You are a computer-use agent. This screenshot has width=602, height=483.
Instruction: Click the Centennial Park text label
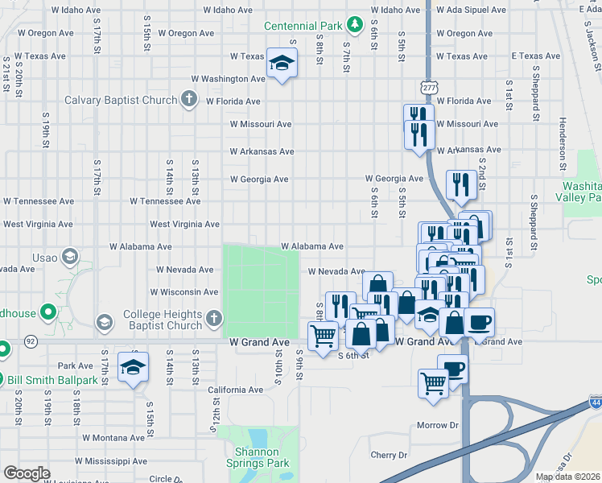tap(305, 26)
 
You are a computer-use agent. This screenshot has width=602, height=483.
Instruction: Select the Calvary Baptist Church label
tap(121, 100)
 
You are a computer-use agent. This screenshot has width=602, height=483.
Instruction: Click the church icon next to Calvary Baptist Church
tap(189, 100)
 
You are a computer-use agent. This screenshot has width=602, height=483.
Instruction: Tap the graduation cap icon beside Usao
tap(70, 257)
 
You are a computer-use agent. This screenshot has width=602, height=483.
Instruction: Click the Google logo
tap(27, 473)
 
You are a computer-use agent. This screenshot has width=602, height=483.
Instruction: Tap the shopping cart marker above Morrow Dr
tap(433, 382)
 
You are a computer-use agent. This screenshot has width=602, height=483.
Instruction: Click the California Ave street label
tap(236, 390)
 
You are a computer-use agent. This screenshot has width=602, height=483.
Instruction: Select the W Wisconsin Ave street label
tap(184, 292)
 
